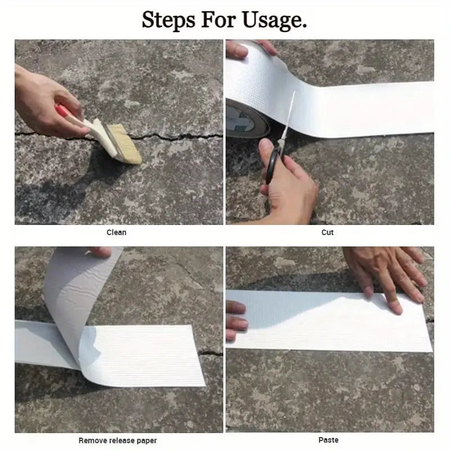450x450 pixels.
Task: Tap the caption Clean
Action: pyautogui.click(x=116, y=232)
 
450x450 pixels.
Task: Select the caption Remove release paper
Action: pyautogui.click(x=118, y=440)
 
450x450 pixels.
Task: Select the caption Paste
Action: pyautogui.click(x=328, y=440)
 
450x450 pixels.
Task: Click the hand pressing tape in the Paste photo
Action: pyautogui.click(x=388, y=270)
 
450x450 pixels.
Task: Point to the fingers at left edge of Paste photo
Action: pyautogui.click(x=235, y=321)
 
